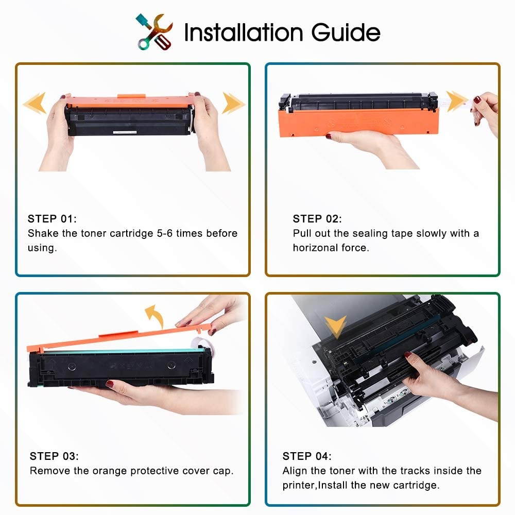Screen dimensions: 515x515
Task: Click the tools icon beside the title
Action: pyautogui.click(x=154, y=32)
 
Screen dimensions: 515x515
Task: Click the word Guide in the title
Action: pyautogui.click(x=346, y=32)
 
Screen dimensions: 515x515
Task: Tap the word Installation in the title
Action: pyautogui.click(x=244, y=32)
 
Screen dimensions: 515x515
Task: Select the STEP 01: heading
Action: pyautogui.click(x=52, y=219)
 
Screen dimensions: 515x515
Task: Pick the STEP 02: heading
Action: pyautogui.click(x=317, y=219)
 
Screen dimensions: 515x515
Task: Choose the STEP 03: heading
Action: pyautogui.click(x=54, y=456)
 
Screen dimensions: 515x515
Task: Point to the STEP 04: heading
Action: pyautogui.click(x=307, y=456)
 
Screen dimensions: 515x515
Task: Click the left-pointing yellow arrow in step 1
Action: pyautogui.click(x=35, y=103)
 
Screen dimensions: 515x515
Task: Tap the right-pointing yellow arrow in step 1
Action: pyautogui.click(x=233, y=103)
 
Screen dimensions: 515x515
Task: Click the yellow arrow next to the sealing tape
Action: pyautogui.click(x=456, y=101)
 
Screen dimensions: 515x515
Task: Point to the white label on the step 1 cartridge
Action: pyautogui.click(x=125, y=132)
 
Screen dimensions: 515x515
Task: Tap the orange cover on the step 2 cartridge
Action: pyautogui.click(x=358, y=122)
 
